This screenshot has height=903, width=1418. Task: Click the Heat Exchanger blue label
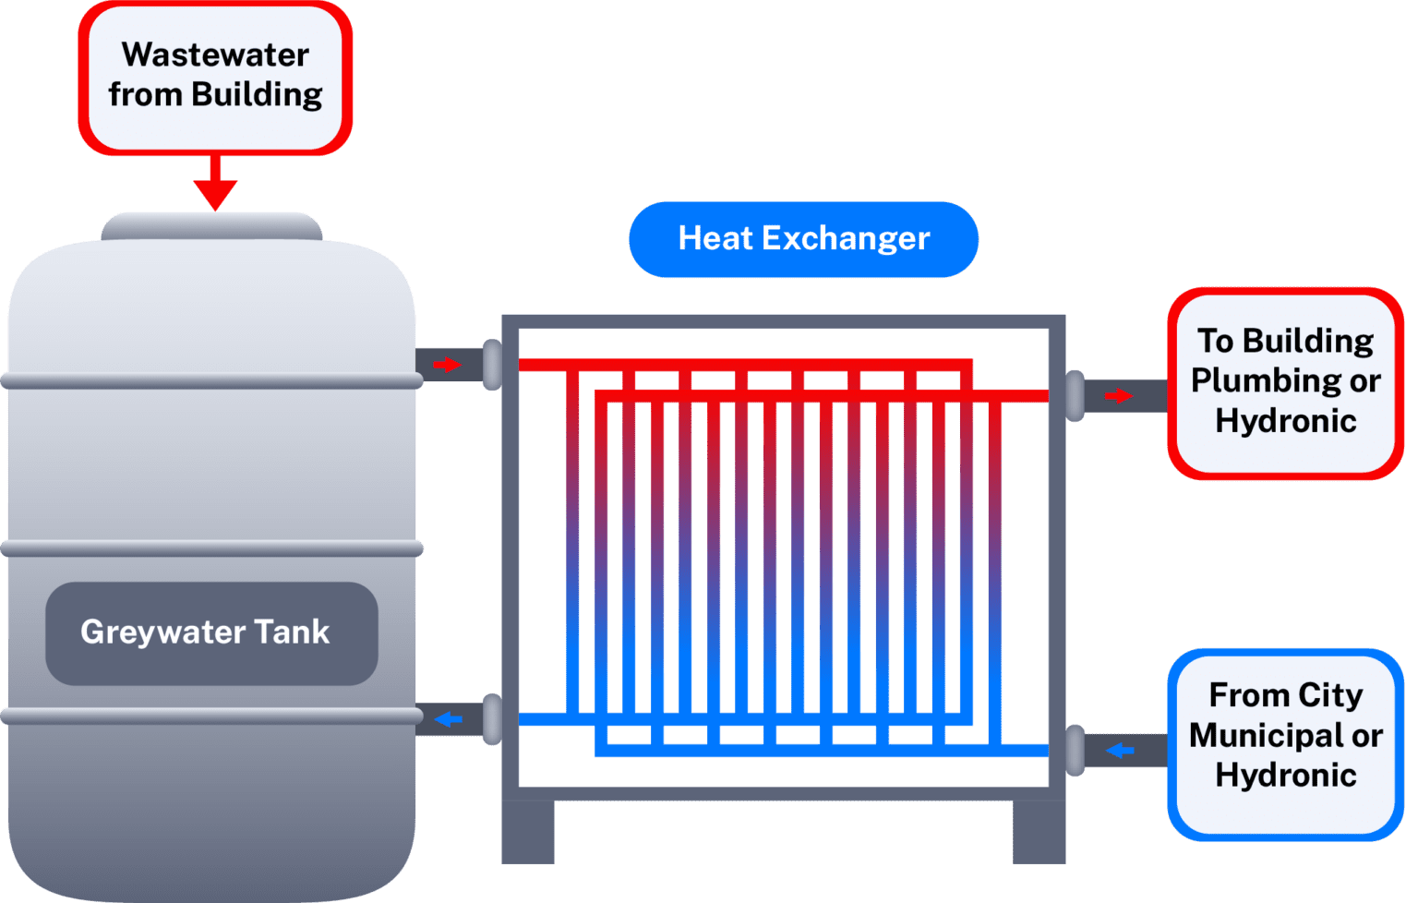803,239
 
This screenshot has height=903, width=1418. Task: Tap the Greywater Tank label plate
211,633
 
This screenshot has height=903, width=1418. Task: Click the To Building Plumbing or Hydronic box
1285,382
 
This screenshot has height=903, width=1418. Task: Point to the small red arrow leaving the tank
447,365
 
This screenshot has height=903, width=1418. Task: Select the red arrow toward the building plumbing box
1118,396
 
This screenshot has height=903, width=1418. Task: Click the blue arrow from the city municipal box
1120,750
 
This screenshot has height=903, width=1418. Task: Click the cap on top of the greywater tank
211,226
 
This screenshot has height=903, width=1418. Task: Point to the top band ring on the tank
211,380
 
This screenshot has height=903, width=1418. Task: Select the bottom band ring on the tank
211,716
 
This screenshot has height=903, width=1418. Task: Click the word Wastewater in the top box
215,55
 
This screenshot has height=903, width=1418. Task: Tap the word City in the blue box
1329,695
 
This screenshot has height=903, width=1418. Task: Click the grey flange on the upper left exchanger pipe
492,365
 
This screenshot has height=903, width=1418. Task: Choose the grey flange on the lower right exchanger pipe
1075,750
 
